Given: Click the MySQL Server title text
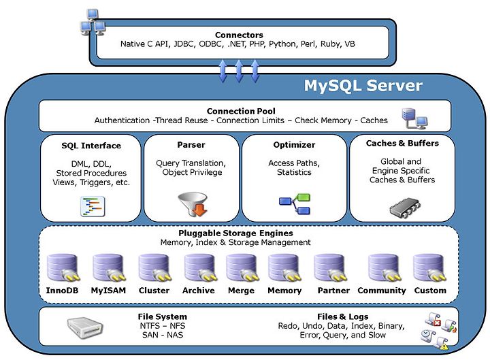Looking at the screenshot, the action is click(363, 86).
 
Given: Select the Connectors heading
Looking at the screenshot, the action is click(239, 35).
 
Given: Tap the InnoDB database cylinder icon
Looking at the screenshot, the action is click(63, 268).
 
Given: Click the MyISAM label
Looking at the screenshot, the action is click(108, 291).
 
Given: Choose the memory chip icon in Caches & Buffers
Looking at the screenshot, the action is click(405, 208).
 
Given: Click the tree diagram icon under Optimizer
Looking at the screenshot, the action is click(295, 203).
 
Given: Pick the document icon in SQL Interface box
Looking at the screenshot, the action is click(93, 206).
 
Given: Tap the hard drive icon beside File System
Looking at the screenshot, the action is click(85, 328).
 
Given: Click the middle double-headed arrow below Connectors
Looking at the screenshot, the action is click(239, 71).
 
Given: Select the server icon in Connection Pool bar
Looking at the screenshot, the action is click(414, 118).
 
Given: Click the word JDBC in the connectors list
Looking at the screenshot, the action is click(184, 44).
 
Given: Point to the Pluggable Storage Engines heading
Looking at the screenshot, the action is click(235, 233).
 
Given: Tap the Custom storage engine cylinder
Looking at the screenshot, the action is click(430, 268).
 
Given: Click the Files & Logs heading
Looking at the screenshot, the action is click(342, 316).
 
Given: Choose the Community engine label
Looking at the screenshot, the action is click(382, 291).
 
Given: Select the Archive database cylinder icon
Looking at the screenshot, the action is click(200, 268).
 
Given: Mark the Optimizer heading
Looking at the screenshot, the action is click(294, 145).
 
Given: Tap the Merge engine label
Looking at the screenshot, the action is click(241, 291).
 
